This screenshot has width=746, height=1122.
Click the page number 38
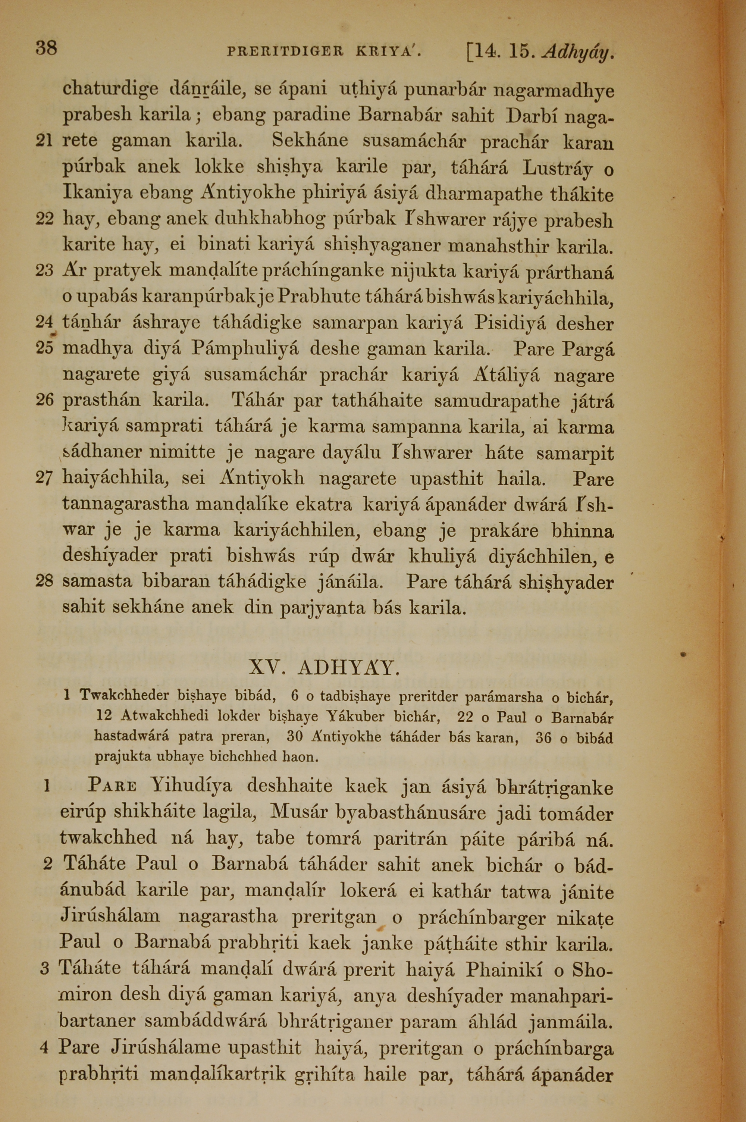point(46,48)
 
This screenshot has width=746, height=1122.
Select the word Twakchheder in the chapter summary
point(124,696)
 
